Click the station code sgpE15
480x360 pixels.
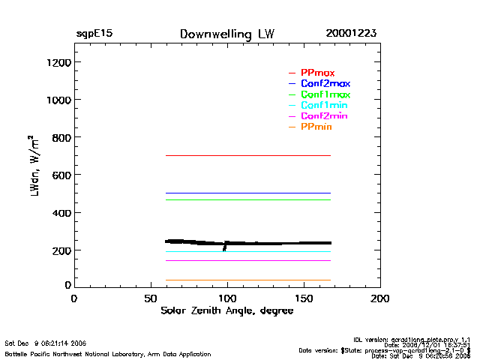(94, 34)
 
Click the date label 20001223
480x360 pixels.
(351, 34)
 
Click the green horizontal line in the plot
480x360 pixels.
(247, 199)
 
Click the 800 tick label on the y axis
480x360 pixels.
(60, 137)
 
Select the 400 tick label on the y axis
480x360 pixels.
(60, 213)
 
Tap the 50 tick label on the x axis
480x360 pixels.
(150, 298)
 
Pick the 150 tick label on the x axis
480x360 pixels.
(304, 298)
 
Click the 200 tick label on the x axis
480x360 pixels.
(380, 298)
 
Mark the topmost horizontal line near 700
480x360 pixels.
(247, 155)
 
